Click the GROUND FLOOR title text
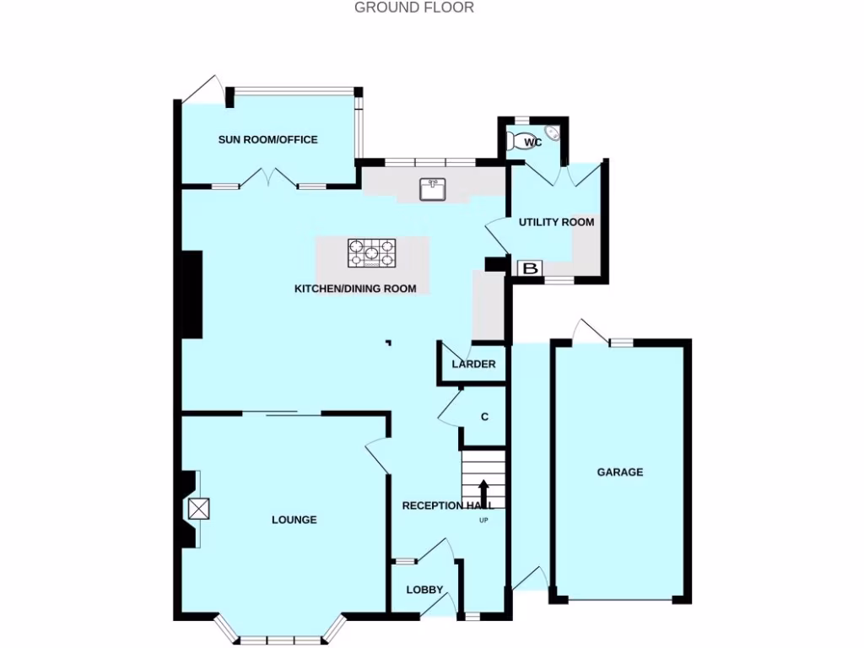(x=413, y=8)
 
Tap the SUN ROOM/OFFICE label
(x=267, y=139)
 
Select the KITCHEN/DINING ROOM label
(x=354, y=289)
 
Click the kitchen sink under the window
(x=433, y=189)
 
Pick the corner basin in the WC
(x=553, y=132)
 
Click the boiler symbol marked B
(x=530, y=268)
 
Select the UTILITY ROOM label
(x=556, y=223)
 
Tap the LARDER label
(x=473, y=364)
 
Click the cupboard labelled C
(x=484, y=417)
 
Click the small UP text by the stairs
(x=483, y=520)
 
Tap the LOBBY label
(x=424, y=590)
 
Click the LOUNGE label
(x=294, y=520)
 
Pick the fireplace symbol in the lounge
(x=199, y=509)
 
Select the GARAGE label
(x=620, y=472)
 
